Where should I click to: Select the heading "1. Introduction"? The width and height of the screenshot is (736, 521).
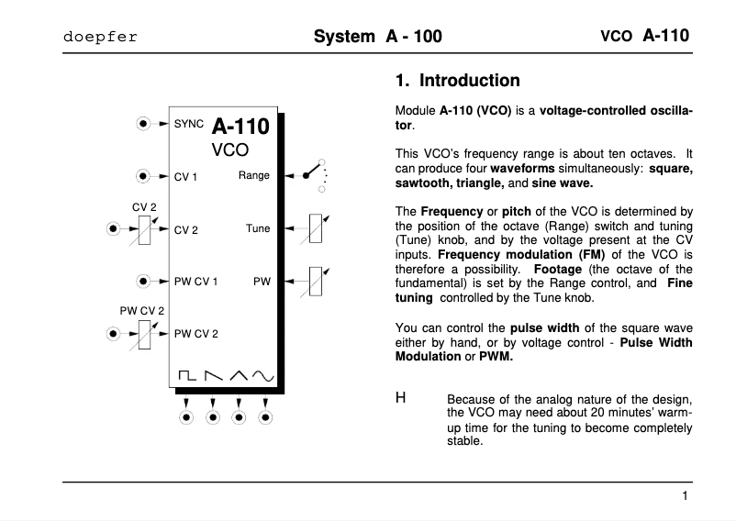point(457,81)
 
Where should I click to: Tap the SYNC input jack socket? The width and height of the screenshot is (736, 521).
point(143,122)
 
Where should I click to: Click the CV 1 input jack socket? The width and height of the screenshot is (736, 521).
point(143,175)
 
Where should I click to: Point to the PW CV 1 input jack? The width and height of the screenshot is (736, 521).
point(143,281)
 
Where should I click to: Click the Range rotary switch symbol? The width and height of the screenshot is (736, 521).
point(314,175)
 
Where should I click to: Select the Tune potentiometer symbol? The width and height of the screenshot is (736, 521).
point(316,228)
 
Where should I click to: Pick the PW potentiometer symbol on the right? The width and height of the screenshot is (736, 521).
point(316,281)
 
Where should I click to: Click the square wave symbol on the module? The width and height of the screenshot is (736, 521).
point(186,374)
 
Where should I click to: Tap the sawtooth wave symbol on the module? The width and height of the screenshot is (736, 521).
point(213,374)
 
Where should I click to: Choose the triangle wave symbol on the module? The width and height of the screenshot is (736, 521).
point(239,374)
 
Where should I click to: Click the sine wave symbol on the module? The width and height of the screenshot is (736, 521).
point(264,374)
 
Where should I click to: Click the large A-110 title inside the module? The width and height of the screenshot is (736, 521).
point(240,127)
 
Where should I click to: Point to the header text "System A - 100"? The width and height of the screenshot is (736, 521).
point(377,37)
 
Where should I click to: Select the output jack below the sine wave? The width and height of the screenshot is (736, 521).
point(265,417)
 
